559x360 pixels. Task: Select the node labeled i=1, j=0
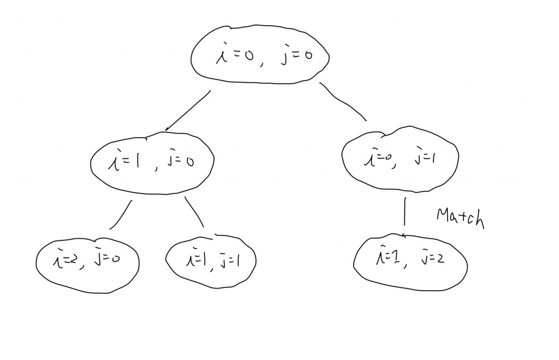pyautogui.click(x=151, y=162)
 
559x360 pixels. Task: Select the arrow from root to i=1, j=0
pyautogui.click(x=187, y=111)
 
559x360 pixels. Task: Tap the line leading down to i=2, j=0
pyautogui.click(x=121, y=215)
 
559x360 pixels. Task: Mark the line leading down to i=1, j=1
pyautogui.click(x=195, y=211)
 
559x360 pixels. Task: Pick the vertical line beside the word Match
pyautogui.click(x=405, y=212)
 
